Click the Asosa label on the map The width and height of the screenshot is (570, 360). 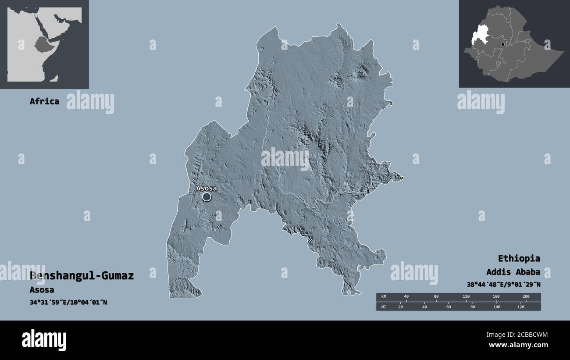(206, 188)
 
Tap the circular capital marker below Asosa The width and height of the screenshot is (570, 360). (207, 197)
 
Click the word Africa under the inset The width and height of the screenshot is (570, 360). (44, 101)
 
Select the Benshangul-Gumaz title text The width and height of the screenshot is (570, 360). (82, 276)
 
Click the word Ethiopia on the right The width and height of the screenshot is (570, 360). (519, 258)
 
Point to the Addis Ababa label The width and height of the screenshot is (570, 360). (513, 271)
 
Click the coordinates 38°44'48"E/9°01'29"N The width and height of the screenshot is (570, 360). (503, 284)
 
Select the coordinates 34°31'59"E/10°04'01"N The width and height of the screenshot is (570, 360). (68, 302)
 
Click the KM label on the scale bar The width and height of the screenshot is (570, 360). (384, 297)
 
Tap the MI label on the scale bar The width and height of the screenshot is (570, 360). (384, 307)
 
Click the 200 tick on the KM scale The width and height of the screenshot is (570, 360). (526, 297)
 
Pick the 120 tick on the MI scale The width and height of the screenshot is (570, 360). (520, 307)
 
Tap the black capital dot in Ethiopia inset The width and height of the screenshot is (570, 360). (502, 44)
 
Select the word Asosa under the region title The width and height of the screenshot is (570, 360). (42, 290)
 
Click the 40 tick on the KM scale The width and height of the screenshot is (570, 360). (406, 297)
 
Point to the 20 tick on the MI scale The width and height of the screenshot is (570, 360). (400, 307)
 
